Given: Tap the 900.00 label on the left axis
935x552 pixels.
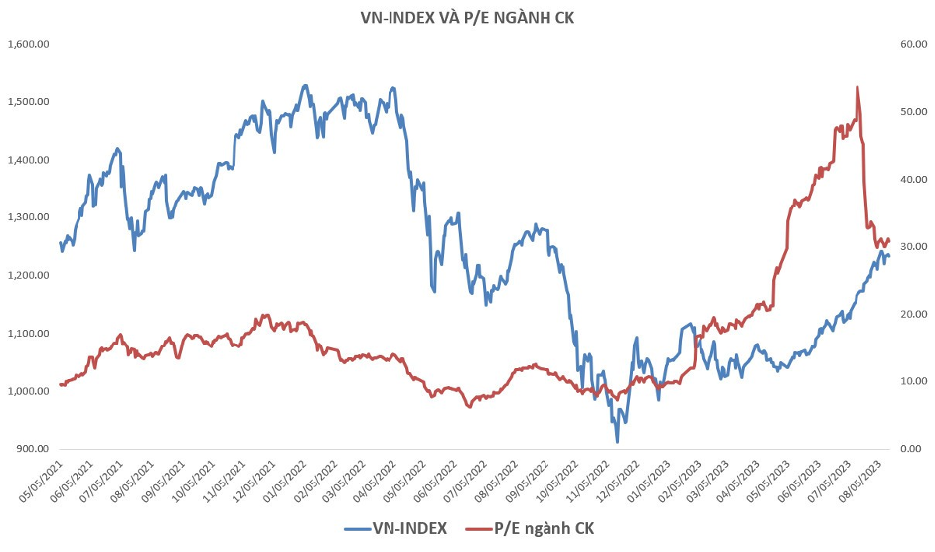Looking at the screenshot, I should tap(32, 449).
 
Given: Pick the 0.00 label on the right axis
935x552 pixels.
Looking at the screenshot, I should tap(910, 449).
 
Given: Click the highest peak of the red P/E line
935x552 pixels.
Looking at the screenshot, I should tap(857, 87).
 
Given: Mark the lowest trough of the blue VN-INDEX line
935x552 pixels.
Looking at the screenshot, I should tap(617, 442).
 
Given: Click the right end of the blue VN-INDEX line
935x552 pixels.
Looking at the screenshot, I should tap(889, 256).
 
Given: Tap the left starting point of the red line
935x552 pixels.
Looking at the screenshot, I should tap(60, 385).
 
